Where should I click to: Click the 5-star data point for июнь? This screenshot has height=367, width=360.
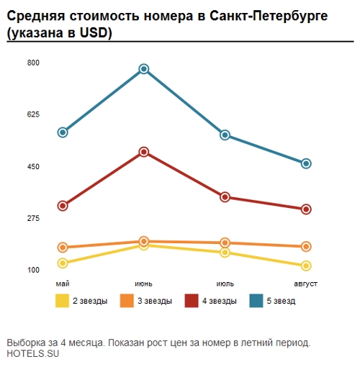144,69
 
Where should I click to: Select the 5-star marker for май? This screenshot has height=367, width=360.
63,132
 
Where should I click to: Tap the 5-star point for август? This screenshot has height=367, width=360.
306,163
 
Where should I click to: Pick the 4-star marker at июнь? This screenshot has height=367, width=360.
144,152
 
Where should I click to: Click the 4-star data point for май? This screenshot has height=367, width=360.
63,206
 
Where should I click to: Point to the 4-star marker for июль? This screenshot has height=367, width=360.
225,197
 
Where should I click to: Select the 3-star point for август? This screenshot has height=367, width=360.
306,246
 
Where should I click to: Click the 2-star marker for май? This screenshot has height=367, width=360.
63,263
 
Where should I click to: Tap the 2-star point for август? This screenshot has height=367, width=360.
306,266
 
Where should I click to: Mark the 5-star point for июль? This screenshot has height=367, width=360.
225,135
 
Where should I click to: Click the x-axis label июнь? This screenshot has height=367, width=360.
144,284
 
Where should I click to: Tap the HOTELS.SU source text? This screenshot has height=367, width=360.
32,353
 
